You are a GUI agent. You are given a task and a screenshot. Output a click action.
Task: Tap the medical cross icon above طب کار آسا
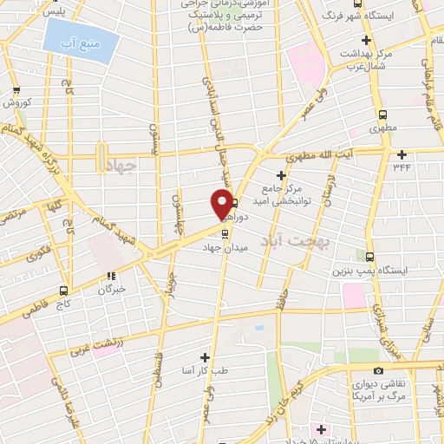pyautogui.click(x=205, y=356)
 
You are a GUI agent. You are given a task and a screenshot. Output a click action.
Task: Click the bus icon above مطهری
pyautogui.click(x=382, y=114)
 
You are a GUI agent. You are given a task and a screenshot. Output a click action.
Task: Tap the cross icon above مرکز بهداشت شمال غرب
pyautogui.click(x=367, y=41)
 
